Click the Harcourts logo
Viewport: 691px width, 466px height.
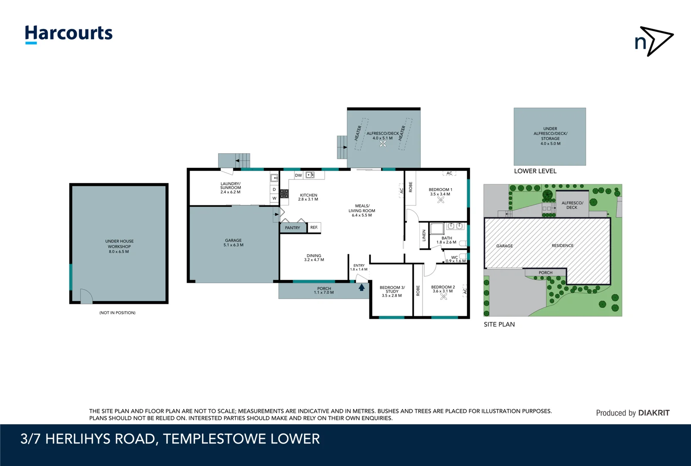pos(69,34)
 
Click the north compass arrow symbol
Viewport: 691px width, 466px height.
pos(654,41)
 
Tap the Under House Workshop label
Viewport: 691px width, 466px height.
pos(119,246)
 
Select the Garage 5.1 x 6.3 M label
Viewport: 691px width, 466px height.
pos(233,242)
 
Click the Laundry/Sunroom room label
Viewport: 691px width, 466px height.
pos(230,188)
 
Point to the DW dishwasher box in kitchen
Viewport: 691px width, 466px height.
pos(298,175)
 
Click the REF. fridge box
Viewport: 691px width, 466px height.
pos(314,227)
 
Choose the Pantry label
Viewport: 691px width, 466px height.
pos(292,228)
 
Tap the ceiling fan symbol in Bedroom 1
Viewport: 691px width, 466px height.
pos(441,200)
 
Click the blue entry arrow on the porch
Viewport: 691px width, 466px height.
pos(362,287)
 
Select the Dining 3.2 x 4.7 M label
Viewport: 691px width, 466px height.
pos(314,258)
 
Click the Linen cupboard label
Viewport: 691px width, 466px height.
pos(424,236)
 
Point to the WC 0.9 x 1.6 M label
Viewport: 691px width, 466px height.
pos(455,259)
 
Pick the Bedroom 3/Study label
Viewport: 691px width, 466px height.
pos(392,291)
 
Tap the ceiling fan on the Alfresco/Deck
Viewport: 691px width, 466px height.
pos(383,144)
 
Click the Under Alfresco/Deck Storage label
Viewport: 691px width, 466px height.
pos(550,136)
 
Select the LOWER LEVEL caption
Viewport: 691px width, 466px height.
pos(535,171)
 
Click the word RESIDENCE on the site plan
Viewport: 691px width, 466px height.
pos(563,246)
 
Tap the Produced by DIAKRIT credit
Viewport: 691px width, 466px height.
pos(632,413)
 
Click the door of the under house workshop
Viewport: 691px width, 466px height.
pos(86,296)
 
